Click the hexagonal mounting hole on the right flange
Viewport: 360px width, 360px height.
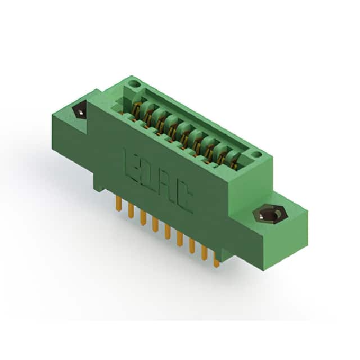pos(270,215)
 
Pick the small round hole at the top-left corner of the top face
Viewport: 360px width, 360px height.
pos(134,84)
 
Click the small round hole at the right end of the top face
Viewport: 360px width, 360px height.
pos(256,154)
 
